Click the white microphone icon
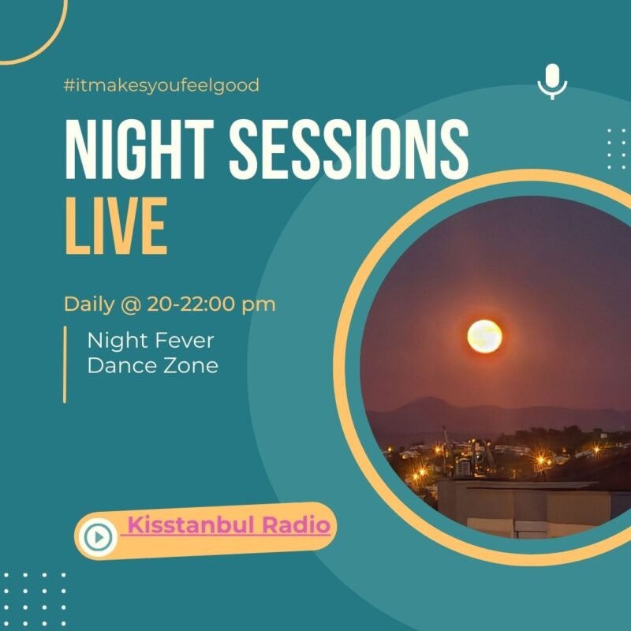point(552,81)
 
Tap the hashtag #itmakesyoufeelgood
point(162,85)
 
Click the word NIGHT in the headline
point(140,149)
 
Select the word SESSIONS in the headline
point(349,149)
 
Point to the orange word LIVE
point(116,226)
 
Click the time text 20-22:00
point(191,304)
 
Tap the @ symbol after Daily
point(131,304)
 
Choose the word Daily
point(89,304)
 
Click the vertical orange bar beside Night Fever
point(65,364)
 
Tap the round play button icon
point(98,537)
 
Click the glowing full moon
point(484,336)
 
